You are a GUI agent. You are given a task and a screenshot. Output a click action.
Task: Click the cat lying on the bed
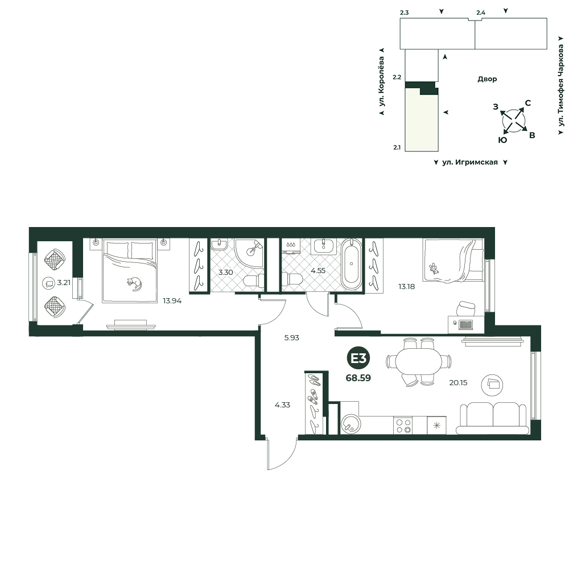(134, 284)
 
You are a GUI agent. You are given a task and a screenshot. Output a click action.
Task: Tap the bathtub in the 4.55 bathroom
(351, 264)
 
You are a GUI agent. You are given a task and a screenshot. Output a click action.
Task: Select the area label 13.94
(172, 300)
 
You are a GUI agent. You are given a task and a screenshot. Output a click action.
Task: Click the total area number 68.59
(358, 378)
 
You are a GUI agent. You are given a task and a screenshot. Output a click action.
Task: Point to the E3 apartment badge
(358, 358)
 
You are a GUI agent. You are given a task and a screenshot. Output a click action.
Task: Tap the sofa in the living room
(493, 418)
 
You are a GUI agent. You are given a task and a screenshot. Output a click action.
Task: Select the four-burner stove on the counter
(403, 425)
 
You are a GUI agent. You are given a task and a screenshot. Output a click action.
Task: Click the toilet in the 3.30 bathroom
(254, 281)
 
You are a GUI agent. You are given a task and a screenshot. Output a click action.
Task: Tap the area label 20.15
(458, 382)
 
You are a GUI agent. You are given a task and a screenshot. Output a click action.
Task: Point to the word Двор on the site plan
(487, 79)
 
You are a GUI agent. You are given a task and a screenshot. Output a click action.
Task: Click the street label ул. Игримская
(470, 162)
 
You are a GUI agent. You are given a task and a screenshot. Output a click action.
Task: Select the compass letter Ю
(502, 140)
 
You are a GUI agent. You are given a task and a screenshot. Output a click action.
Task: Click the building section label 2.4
(481, 13)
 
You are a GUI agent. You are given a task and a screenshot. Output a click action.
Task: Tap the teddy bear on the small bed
(433, 269)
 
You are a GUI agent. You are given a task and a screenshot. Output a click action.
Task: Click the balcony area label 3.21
(64, 282)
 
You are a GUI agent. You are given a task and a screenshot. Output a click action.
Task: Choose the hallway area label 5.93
(291, 337)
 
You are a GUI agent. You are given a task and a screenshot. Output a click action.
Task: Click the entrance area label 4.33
(282, 405)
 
